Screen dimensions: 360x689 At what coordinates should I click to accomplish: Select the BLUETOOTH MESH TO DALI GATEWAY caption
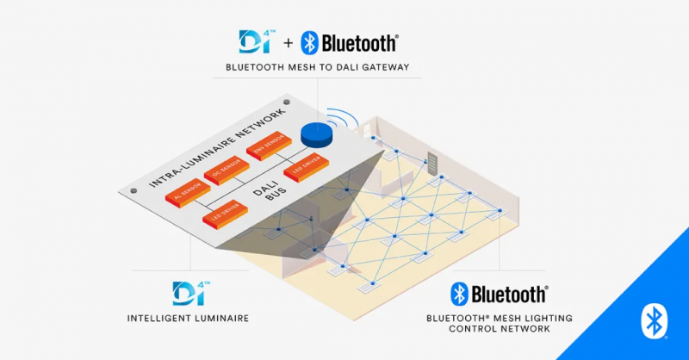tap(317, 67)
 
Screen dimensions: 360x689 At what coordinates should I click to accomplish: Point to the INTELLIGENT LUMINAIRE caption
tap(188, 318)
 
